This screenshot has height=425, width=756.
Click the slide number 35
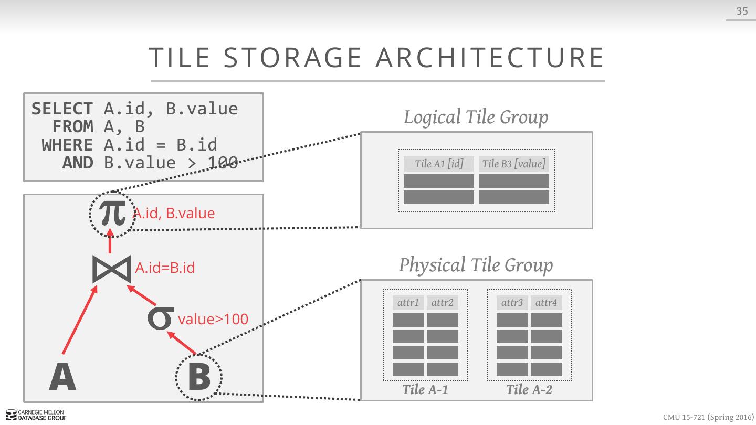[742, 11]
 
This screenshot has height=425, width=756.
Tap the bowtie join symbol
[111, 269]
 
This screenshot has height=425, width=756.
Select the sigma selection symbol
[161, 319]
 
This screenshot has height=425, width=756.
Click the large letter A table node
[62, 377]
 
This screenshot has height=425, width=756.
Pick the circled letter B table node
[199, 376]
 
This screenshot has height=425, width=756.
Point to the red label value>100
[213, 319]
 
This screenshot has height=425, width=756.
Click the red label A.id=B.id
[165, 268]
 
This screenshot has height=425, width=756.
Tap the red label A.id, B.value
[174, 213]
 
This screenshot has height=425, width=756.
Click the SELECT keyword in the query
[62, 109]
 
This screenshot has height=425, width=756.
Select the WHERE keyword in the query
[67, 145]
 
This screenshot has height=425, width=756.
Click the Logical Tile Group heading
[476, 117]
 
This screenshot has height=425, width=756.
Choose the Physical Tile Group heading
[476, 265]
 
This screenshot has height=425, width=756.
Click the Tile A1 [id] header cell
[439, 164]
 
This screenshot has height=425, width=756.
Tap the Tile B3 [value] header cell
[513, 164]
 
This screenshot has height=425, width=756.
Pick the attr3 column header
[512, 303]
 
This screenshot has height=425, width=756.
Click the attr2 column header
[442, 303]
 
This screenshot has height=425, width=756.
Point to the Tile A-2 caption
[529, 389]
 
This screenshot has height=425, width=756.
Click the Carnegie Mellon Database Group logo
[36, 415]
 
